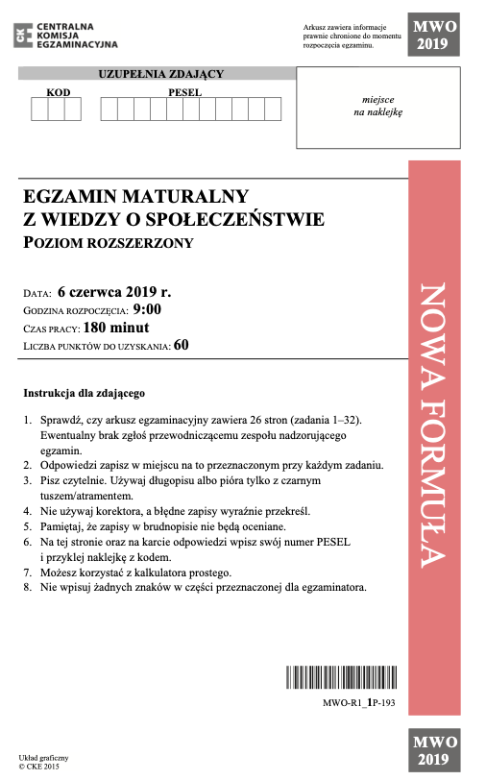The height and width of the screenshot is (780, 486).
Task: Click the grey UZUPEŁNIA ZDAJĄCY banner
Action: click(160, 74)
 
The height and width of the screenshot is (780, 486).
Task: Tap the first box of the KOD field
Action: click(39, 109)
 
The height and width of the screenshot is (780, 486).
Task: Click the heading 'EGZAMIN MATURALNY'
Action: click(135, 197)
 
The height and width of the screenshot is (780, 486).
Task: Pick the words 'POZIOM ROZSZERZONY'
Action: click(108, 243)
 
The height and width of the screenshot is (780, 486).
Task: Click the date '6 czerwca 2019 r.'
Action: click(113, 290)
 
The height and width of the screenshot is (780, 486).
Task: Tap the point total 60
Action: click(182, 346)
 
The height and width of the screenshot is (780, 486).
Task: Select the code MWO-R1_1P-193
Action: click(359, 704)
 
